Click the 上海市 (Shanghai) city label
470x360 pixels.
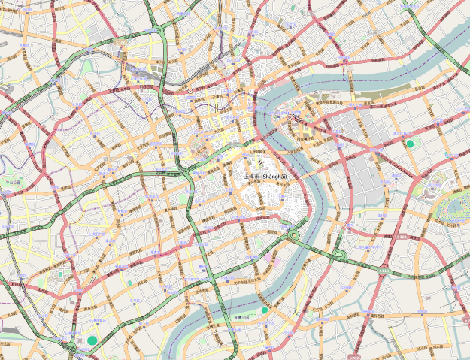tap(265, 176)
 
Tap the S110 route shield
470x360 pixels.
tap(385, 271)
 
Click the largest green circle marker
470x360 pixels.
tap(92, 340)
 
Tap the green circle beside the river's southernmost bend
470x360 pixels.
tap(265, 310)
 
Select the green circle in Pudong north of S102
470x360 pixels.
tap(410, 143)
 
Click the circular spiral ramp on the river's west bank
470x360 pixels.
tap(293, 235)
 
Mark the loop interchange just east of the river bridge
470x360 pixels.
tap(339, 254)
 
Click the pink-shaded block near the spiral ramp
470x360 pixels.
tap(268, 259)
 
